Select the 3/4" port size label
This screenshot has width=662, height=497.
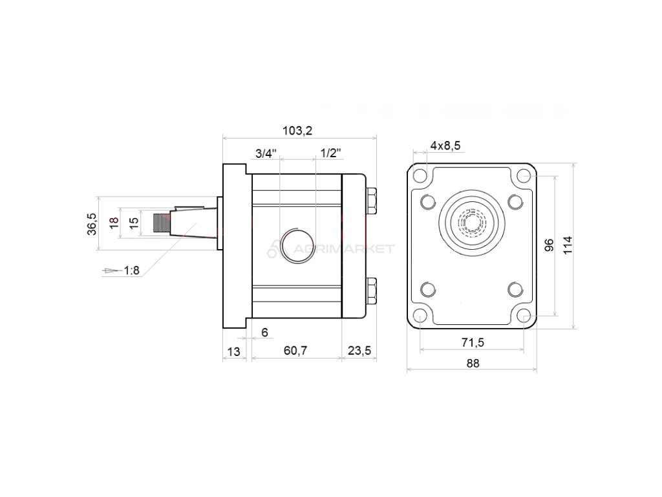(x=265, y=153)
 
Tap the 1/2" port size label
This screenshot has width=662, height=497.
(x=331, y=153)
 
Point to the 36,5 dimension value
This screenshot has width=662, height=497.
(x=92, y=224)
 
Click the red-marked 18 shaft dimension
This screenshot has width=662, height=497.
(x=114, y=223)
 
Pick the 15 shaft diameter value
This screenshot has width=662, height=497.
(x=134, y=223)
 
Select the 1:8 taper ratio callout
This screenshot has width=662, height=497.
(x=131, y=271)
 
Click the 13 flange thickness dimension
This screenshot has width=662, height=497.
(x=233, y=351)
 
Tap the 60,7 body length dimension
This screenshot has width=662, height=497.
(x=295, y=351)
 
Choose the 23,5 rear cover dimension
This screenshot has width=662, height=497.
(x=359, y=351)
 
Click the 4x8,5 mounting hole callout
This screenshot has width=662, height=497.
(x=445, y=146)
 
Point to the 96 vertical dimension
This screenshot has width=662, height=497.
(x=550, y=245)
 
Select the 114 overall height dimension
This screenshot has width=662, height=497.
(x=568, y=245)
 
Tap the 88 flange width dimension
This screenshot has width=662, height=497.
(x=472, y=363)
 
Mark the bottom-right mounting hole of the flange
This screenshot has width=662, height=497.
(x=524, y=316)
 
